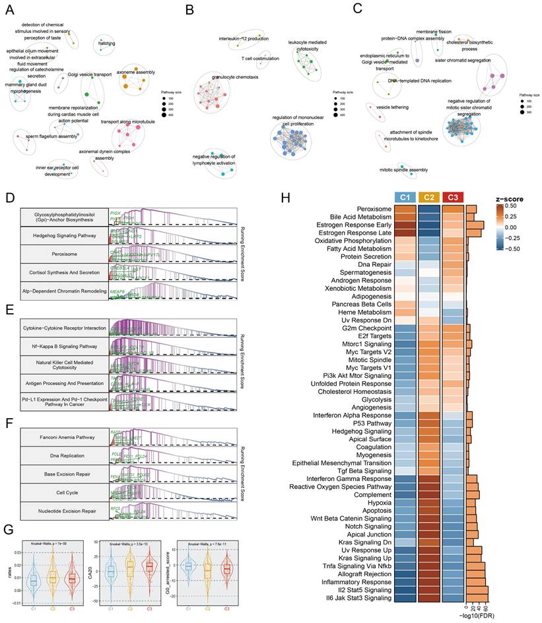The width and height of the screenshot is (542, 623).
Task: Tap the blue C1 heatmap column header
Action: [403, 197]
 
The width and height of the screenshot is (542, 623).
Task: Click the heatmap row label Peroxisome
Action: [374, 209]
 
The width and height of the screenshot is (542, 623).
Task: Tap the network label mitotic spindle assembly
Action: [404, 170]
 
